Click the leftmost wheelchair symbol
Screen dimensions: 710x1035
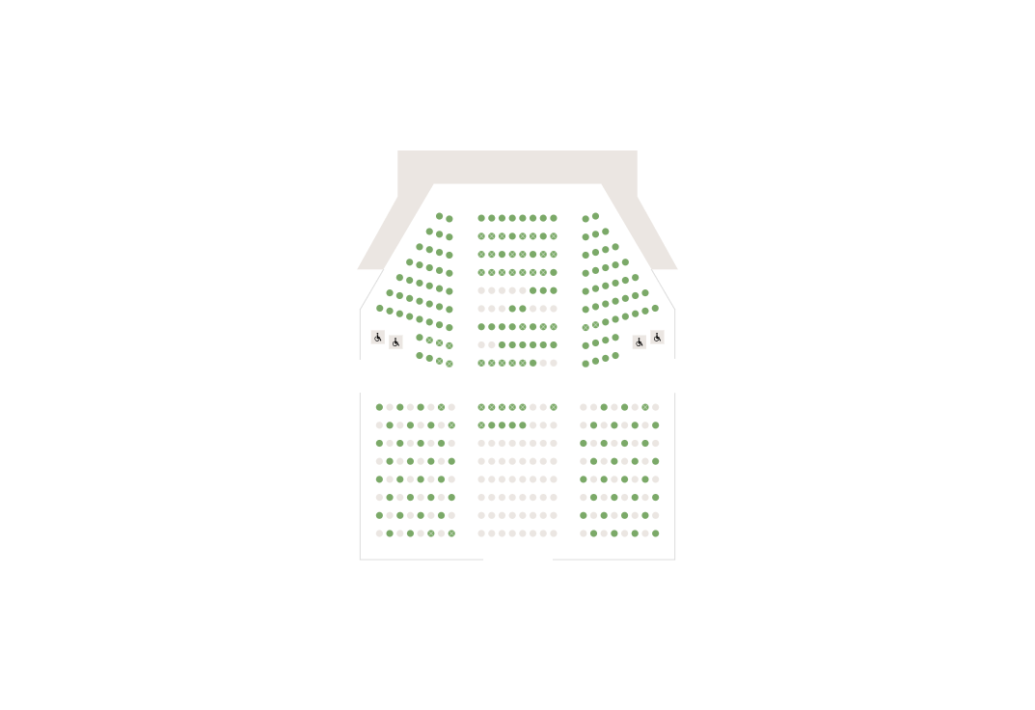[x=377, y=338]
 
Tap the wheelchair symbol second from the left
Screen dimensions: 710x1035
[x=395, y=342]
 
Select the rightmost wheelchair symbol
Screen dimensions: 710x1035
[x=657, y=338]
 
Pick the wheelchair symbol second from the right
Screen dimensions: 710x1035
[x=639, y=342]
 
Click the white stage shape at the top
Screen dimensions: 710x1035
[x=517, y=166]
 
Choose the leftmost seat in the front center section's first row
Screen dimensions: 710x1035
[x=481, y=218]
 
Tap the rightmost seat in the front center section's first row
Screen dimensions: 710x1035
[x=554, y=218]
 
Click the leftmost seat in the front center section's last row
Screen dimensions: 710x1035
[x=481, y=363]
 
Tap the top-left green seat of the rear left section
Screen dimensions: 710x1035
[x=379, y=407]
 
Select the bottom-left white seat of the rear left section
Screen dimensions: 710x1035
[x=379, y=533]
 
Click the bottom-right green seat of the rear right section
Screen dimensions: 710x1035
[x=656, y=533]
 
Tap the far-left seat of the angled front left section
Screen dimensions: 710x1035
[x=379, y=309]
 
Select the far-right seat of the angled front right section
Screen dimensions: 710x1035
[x=655, y=309]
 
